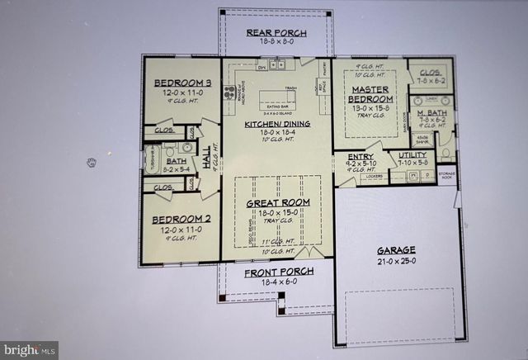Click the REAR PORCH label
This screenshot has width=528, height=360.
click(276, 33)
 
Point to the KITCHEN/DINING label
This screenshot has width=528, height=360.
click(276, 125)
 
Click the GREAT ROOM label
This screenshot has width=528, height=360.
click(277, 202)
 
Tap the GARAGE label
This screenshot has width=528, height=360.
click(396, 249)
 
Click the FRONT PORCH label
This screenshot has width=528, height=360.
click(276, 272)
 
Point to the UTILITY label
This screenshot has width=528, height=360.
click(412, 154)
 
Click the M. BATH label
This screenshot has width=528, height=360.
click(431, 112)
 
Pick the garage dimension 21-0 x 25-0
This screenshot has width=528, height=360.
click(396, 261)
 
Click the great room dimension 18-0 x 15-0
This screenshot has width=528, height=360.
click(277, 212)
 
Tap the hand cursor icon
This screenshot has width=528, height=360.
click(92, 162)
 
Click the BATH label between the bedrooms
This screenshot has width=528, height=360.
click(176, 163)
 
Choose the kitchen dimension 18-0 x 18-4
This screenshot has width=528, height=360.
click(276, 134)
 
